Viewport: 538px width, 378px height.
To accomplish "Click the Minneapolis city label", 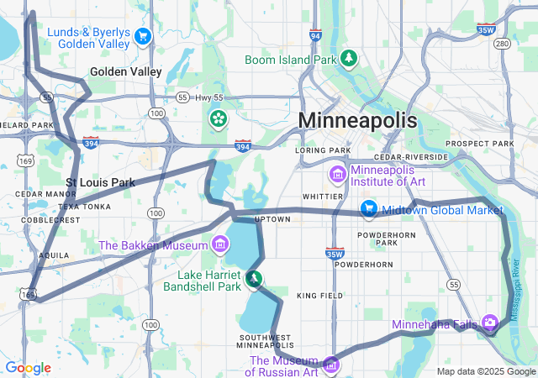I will click(x=357, y=120).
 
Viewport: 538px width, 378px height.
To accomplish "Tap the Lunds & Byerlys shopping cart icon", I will click(x=142, y=36).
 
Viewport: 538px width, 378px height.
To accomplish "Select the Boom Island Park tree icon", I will click(x=348, y=59).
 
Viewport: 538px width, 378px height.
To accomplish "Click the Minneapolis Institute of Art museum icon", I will click(x=337, y=176).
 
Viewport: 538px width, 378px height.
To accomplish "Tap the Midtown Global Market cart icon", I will click(x=368, y=209).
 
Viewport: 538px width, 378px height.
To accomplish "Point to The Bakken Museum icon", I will click(x=220, y=244).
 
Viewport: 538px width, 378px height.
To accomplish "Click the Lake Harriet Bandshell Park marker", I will click(x=253, y=278).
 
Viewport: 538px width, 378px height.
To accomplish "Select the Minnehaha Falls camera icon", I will click(x=490, y=323).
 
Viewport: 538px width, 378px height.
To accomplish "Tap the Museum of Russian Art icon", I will click(x=331, y=365).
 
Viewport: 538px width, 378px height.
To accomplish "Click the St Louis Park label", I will click(x=101, y=181).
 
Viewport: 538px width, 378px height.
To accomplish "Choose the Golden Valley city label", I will click(x=125, y=72).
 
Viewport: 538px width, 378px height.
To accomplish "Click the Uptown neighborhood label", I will click(x=272, y=219).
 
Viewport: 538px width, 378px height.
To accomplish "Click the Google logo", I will click(x=28, y=367).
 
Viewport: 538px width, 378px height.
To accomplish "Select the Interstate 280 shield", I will click(x=503, y=44).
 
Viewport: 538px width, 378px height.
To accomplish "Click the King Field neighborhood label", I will click(x=319, y=296).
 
